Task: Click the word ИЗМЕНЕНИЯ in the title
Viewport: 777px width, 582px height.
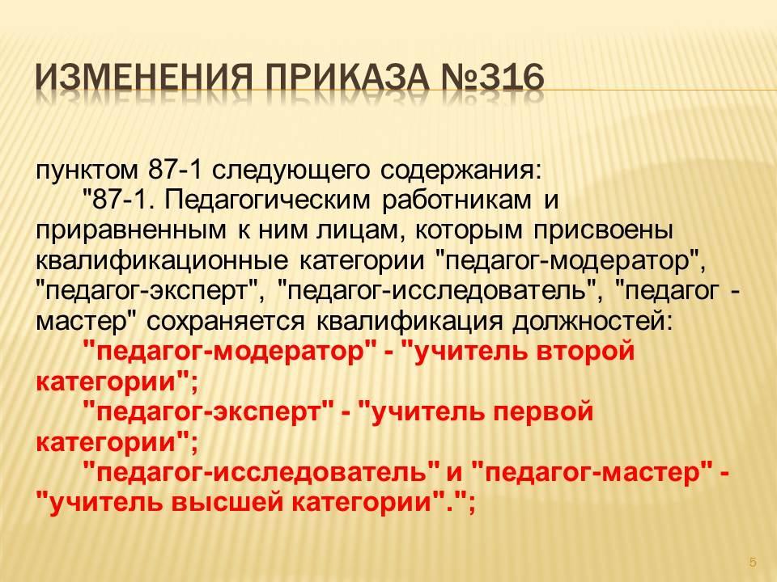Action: (142, 78)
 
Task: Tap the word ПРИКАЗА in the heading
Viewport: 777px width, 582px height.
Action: (347, 78)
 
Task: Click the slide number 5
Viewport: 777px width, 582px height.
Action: (753, 563)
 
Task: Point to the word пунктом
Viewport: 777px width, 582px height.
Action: (87, 171)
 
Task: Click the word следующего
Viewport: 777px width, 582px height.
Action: (291, 171)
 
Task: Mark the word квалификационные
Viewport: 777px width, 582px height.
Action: (162, 262)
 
